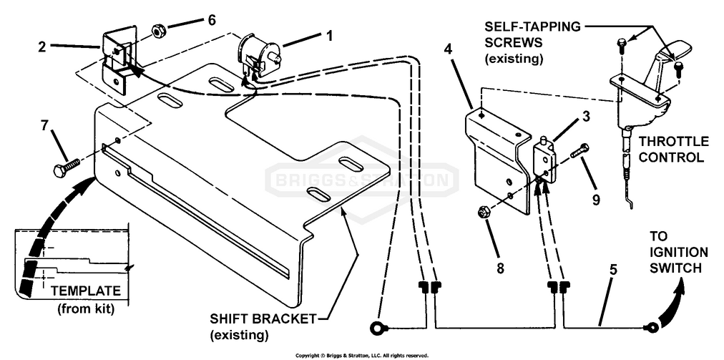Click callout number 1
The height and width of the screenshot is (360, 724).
tap(330, 36)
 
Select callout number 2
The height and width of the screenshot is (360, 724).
tap(42, 47)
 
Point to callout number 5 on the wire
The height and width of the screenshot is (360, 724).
tap(612, 271)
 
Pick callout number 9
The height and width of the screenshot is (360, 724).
tap(596, 199)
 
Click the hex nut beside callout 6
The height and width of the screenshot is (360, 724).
tap(157, 32)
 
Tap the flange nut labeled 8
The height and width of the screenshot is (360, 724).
tap(484, 213)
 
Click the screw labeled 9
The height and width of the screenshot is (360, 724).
tap(580, 151)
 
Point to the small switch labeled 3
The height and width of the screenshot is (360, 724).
tap(545, 157)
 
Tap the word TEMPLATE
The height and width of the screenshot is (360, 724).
tap(86, 291)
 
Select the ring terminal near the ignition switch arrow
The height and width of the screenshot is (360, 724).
tap(652, 328)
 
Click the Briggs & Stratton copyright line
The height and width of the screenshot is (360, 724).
tap(362, 356)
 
